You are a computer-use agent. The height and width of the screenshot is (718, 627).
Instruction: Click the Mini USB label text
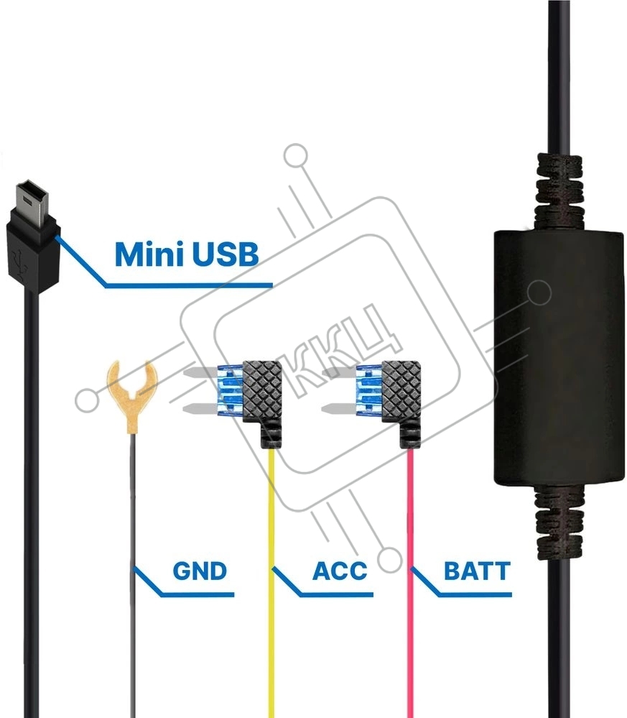[x=187, y=254]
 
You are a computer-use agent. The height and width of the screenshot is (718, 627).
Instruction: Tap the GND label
[x=200, y=571]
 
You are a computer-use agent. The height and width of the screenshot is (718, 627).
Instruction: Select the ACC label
[x=340, y=571]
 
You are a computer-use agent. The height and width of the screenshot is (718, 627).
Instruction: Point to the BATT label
[x=477, y=571]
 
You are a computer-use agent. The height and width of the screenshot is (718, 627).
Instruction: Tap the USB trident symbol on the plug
[x=20, y=263]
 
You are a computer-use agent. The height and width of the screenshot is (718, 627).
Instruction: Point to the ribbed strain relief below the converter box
[x=559, y=522]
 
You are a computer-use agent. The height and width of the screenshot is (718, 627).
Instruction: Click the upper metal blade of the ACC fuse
[x=200, y=374]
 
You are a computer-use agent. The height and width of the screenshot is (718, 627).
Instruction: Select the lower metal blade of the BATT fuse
[x=340, y=408]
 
